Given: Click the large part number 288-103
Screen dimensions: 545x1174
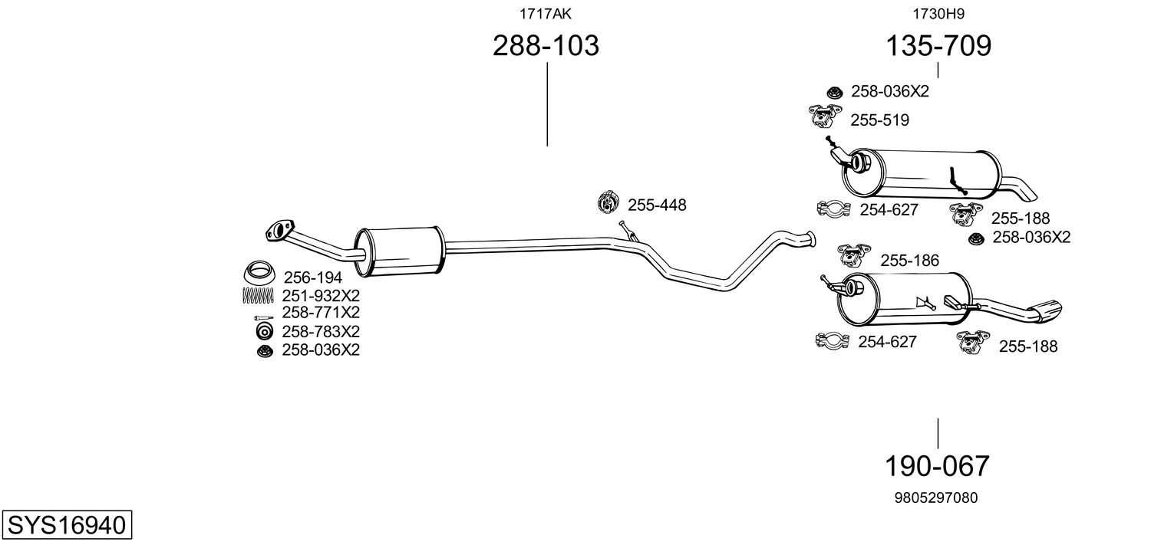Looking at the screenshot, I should [x=545, y=46].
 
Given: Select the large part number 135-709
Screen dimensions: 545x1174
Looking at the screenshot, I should [x=938, y=46].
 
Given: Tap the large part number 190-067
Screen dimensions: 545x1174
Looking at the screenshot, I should [x=937, y=465].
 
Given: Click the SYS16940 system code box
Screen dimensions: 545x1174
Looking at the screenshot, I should [x=66, y=526].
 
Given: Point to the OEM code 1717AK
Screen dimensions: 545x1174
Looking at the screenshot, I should [x=545, y=13].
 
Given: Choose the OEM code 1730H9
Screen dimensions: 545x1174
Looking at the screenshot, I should [x=938, y=13].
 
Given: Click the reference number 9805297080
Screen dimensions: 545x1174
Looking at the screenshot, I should [x=935, y=497].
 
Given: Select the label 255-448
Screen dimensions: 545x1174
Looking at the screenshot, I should [x=657, y=205].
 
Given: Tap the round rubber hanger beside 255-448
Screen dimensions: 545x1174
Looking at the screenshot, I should [x=608, y=204].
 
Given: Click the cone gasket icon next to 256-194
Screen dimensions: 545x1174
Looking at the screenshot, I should [x=260, y=273].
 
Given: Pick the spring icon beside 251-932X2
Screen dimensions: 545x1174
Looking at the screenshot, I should [x=258, y=295].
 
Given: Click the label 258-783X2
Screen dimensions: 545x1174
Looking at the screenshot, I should [x=321, y=332].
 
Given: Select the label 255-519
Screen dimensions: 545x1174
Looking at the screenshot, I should [x=879, y=120].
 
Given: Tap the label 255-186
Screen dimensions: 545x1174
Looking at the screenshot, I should [x=909, y=261].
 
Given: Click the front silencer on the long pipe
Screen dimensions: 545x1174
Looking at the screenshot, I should [x=400, y=251].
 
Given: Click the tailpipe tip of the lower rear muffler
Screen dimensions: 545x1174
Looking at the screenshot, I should [x=1047, y=310].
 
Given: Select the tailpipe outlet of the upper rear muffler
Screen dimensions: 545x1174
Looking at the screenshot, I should [x=1024, y=186].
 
